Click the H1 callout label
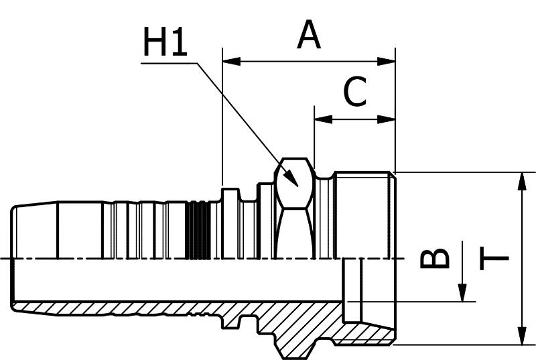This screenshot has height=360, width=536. tap(165, 42)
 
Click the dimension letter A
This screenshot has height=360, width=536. tap(309, 34)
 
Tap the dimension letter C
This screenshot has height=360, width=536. tap(355, 91)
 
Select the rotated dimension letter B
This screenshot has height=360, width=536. tap(434, 258)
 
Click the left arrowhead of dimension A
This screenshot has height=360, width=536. tap(231, 62)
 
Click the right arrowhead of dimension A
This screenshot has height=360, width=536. tap(387, 62)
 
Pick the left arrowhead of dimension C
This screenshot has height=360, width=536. tap(323, 119)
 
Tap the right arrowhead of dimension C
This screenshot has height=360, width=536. tap(387, 119)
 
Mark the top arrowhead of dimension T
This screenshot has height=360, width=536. tap(522, 182)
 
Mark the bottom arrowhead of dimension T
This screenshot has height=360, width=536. tap(522, 336)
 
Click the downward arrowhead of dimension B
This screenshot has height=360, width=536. tap(462, 293)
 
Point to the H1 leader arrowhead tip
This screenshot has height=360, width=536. tap(298, 186)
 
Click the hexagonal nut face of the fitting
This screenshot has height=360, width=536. tap(294, 183)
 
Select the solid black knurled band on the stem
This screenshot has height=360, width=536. tap(198, 230)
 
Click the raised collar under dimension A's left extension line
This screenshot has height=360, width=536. tap(230, 223)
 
